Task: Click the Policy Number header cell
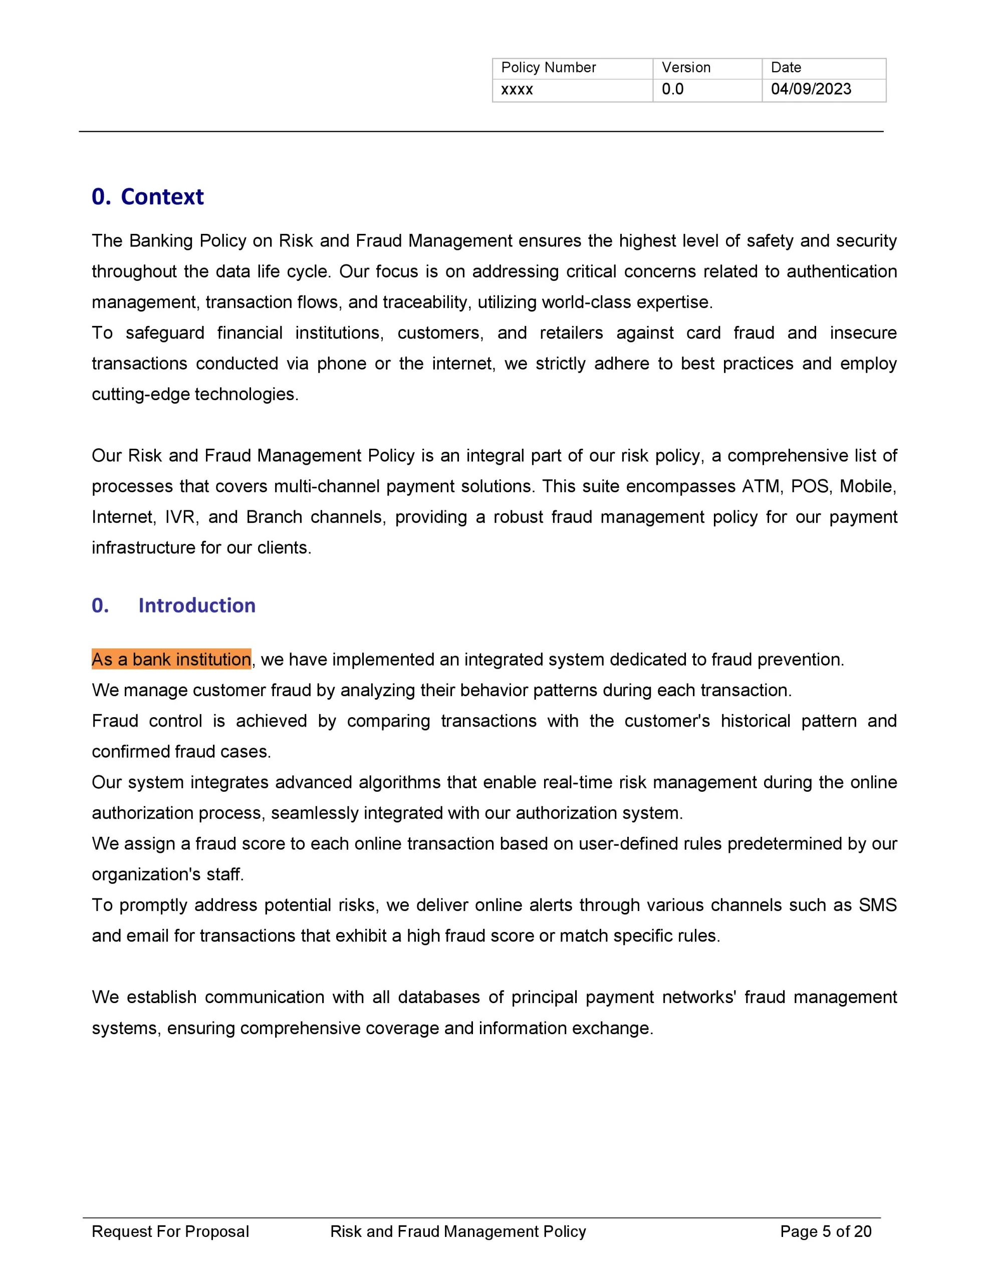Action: click(548, 68)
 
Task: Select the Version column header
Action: click(685, 68)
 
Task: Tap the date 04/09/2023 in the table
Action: click(811, 89)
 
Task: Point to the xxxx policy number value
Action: click(517, 90)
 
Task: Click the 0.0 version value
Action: click(673, 89)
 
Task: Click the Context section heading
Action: click(147, 197)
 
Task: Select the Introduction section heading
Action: click(196, 605)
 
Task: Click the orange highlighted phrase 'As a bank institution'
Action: click(171, 659)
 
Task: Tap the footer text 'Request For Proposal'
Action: click(170, 1231)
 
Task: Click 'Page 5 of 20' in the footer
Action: click(825, 1231)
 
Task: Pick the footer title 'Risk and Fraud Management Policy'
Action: click(458, 1231)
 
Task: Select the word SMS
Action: click(878, 904)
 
